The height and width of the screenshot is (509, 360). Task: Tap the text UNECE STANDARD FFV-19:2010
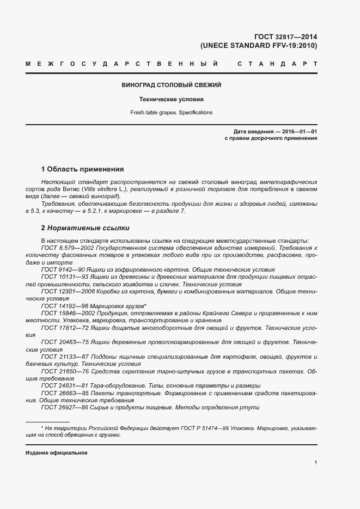click(259, 46)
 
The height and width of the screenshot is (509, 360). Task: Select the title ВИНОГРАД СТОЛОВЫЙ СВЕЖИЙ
click(171, 85)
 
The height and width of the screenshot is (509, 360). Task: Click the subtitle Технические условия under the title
click(171, 100)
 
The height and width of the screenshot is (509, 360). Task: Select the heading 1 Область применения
click(83, 169)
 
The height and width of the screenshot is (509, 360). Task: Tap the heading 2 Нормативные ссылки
click(86, 228)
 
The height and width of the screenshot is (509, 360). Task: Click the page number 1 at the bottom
click(316, 463)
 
